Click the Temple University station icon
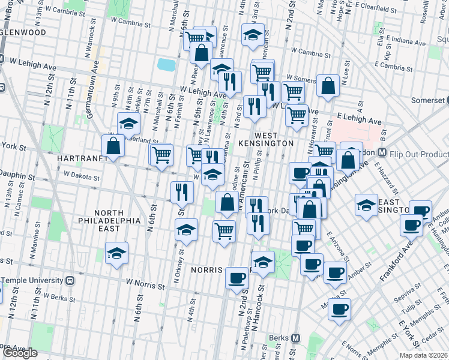pyautogui.click(x=70, y=280)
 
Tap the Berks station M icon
pyautogui.click(x=295, y=337)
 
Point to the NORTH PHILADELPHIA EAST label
pyautogui.click(x=117, y=217)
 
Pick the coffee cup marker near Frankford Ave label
pyautogui.click(x=412, y=225)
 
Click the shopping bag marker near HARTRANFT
pyautogui.click(x=113, y=146)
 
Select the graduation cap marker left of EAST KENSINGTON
pyautogui.click(x=366, y=205)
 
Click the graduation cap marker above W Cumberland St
pyautogui.click(x=128, y=124)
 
